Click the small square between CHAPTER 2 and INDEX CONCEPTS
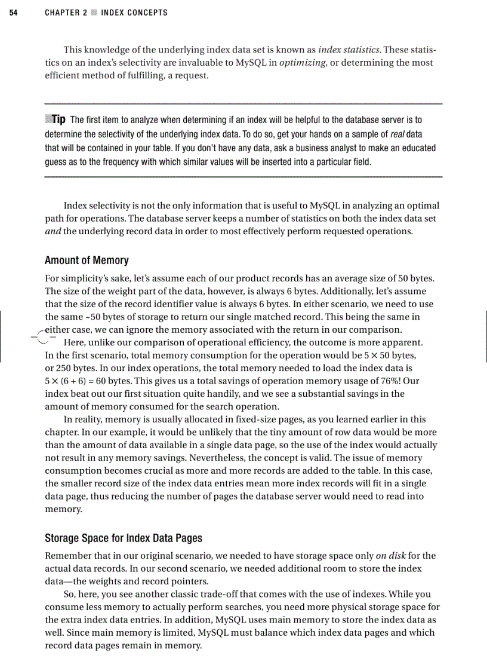(x=93, y=13)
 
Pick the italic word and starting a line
(x=53, y=232)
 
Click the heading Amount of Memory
(x=87, y=261)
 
